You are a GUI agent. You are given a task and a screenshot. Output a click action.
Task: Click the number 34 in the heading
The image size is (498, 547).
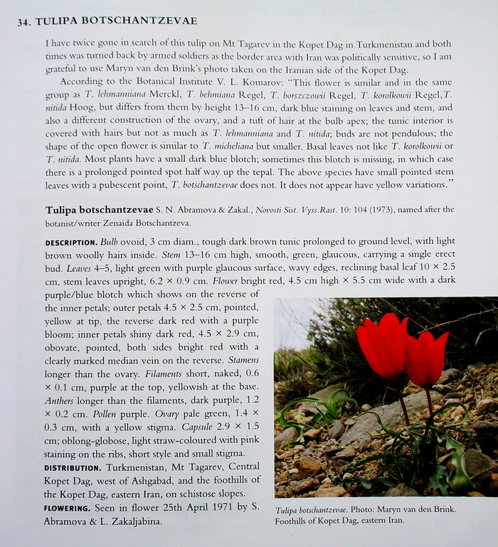24,21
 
